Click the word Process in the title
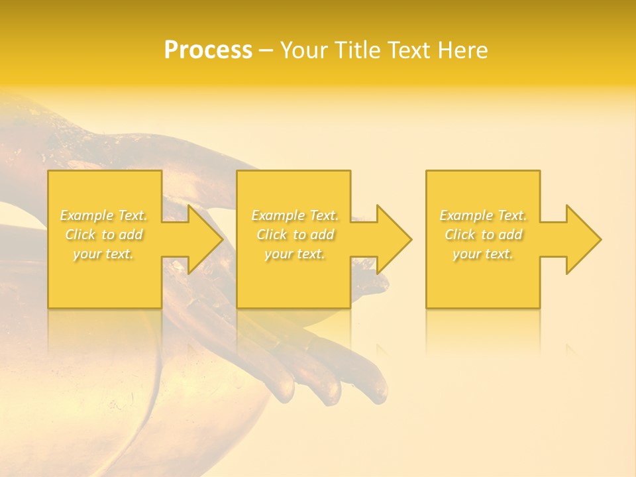point(208,50)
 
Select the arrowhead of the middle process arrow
point(393,239)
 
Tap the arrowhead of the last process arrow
point(582,239)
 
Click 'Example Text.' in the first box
point(104,215)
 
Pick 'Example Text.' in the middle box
point(295,215)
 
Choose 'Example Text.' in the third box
point(483,215)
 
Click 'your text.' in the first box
point(104,254)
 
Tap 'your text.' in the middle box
point(295,254)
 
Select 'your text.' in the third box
point(483,254)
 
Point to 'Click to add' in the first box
point(104,235)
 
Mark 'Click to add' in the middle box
point(295,235)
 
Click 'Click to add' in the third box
point(483,235)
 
